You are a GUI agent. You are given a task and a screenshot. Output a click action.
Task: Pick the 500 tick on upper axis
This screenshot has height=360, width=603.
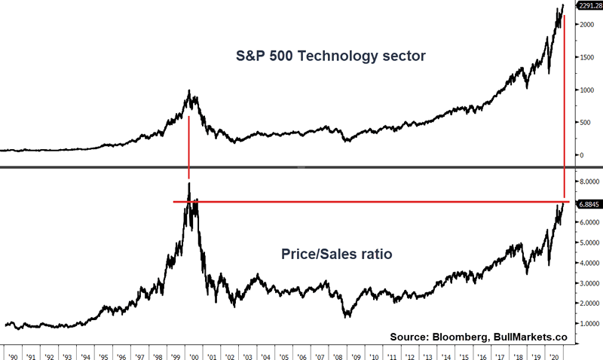[585, 122]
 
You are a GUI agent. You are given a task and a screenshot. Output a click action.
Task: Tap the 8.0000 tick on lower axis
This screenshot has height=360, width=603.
[588, 182]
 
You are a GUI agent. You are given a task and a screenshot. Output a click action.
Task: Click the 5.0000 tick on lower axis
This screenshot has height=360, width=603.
[588, 243]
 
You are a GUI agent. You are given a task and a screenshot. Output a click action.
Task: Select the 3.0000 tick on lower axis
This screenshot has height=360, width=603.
[588, 284]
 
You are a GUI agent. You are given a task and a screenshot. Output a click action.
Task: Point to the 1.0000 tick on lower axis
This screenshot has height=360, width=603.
[588, 324]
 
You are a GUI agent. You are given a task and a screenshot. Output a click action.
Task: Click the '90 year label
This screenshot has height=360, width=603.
[12, 352]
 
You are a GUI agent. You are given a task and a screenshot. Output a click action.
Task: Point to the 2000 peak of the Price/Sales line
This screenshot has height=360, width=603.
[188, 184]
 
